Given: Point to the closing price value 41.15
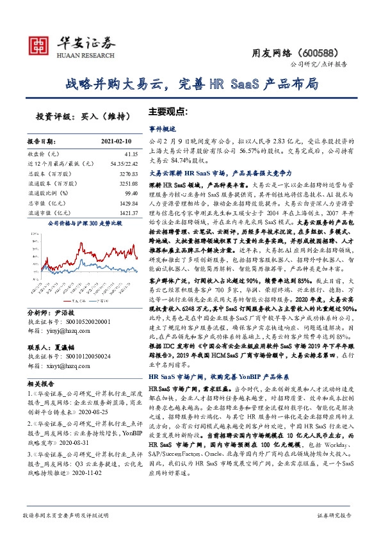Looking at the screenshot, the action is point(131,154).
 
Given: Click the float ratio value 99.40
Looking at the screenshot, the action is point(131,191).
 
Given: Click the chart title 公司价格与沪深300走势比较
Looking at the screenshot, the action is point(81,223).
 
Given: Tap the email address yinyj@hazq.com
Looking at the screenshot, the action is point(67,330).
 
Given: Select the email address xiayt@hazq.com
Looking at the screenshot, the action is point(67,366).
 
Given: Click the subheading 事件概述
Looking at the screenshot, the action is point(161,128).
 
